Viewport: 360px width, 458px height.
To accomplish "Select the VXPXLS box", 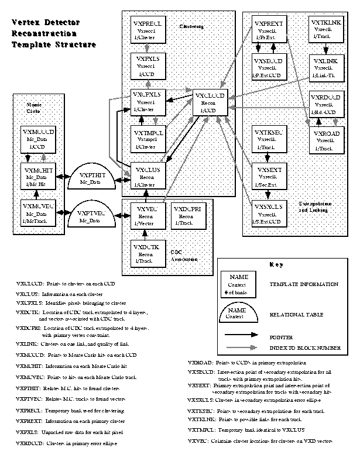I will [x=146, y=66].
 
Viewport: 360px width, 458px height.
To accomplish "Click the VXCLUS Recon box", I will [x=146, y=175].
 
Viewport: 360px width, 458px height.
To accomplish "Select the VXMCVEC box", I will [x=37, y=212].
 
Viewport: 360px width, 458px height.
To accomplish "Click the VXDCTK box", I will [x=146, y=248].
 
